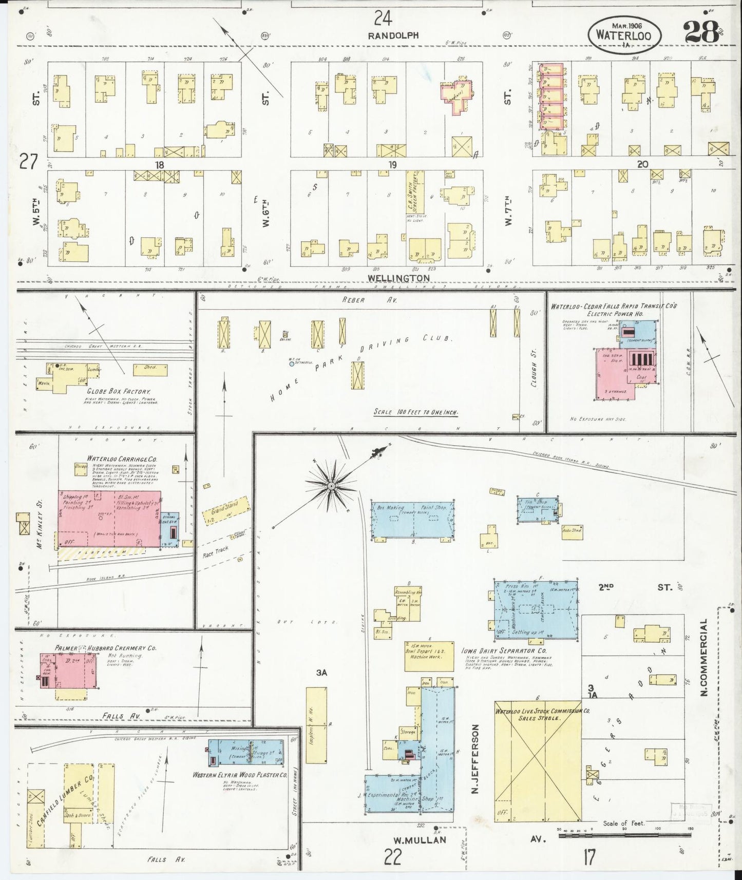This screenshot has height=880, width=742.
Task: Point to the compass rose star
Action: [331, 484]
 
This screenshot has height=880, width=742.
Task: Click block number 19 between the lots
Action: [393, 165]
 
